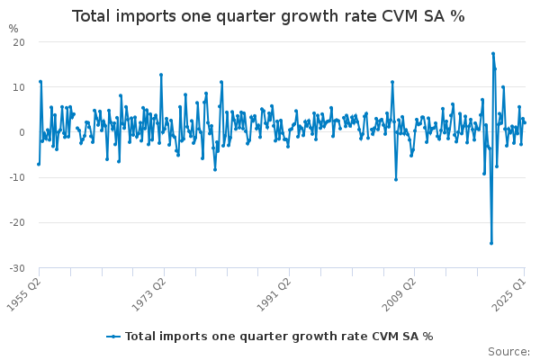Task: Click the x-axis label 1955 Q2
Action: [x=24, y=290]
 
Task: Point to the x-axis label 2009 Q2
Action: [x=395, y=290]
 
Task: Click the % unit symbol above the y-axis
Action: [x=13, y=28]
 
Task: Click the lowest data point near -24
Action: [x=491, y=242]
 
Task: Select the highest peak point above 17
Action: [x=493, y=53]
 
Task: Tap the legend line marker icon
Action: [x=113, y=336]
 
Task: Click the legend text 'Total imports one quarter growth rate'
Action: [x=243, y=336]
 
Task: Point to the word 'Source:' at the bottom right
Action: [x=508, y=351]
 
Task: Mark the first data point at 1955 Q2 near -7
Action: [x=38, y=164]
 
